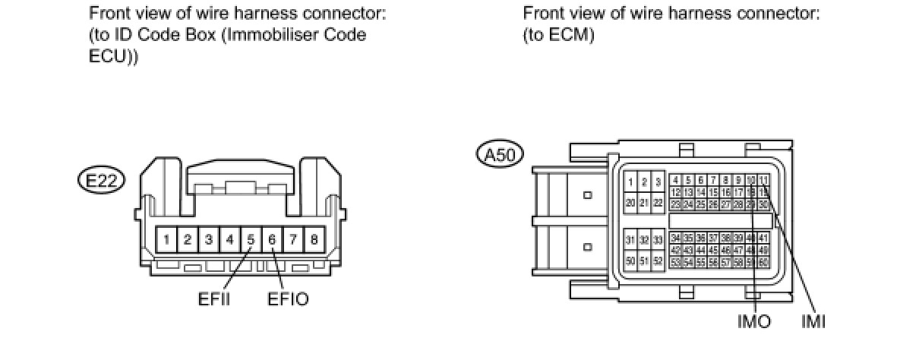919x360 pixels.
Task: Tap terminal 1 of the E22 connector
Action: point(166,240)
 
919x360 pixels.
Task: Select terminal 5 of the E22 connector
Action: point(251,240)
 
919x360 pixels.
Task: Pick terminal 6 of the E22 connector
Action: point(272,240)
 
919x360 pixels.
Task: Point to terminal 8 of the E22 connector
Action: point(314,240)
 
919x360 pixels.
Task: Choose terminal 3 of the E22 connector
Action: point(208,240)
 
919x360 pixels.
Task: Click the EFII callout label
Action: point(214,299)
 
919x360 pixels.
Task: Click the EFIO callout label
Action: point(289,299)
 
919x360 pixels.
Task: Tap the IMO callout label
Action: point(754,322)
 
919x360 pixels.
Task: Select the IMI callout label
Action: point(813,322)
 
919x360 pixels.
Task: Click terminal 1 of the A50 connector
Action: point(630,182)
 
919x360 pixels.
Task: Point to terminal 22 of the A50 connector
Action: point(658,203)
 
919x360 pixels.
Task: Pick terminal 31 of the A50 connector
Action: point(630,240)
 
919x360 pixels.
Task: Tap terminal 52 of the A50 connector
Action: point(658,261)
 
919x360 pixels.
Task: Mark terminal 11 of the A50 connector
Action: point(764,181)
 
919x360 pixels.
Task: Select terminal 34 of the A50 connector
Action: point(675,238)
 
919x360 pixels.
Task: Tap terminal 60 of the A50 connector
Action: point(764,262)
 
